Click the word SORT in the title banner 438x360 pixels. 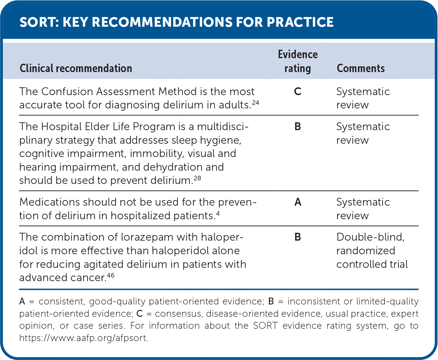(x=39, y=22)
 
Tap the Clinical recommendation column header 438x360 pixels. (x=76, y=68)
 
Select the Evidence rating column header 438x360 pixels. (x=298, y=61)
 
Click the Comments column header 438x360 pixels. (x=361, y=68)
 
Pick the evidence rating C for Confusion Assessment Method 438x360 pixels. (x=298, y=91)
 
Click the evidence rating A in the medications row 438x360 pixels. (x=298, y=202)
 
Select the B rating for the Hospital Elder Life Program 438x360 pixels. (x=298, y=126)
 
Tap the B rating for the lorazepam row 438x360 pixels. (x=298, y=237)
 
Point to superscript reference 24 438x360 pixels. (x=256, y=103)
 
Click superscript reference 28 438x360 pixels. (x=197, y=178)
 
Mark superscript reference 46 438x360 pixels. (x=111, y=275)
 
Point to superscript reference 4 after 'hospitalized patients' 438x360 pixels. (x=218, y=213)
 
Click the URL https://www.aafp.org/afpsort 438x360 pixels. (x=84, y=338)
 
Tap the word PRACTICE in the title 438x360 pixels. (x=300, y=22)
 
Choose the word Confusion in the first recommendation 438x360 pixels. (x=67, y=91)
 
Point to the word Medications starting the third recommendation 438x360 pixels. (x=50, y=202)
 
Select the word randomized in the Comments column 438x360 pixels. (x=366, y=250)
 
